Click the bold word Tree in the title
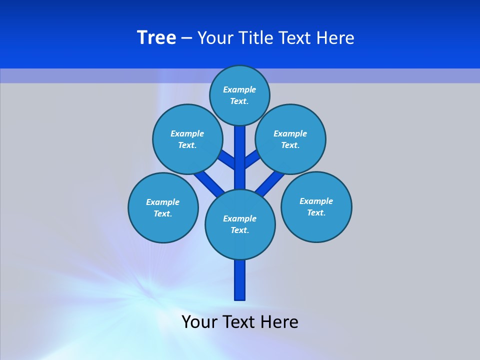[156, 38]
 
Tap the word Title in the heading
[255, 38]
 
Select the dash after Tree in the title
[186, 38]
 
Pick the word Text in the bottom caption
[239, 321]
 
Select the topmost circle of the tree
[239, 95]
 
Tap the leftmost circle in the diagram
[163, 208]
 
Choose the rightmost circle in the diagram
[316, 207]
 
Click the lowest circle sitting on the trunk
[240, 224]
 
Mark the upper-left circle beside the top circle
[187, 139]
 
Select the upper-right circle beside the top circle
[290, 139]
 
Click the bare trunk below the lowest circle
[240, 280]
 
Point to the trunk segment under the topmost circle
[240, 150]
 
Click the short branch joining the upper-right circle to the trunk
[252, 159]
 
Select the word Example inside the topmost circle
[239, 89]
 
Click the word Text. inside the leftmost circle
[163, 214]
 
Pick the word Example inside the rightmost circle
[316, 201]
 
